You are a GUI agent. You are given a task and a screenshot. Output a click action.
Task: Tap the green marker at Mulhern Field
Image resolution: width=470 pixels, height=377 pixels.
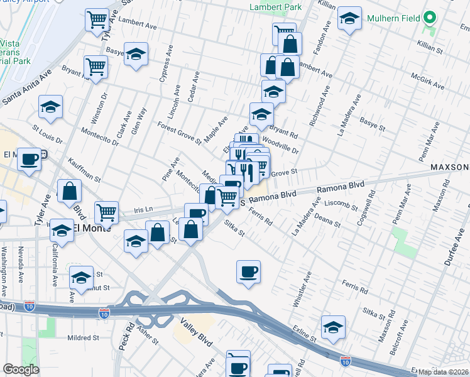tap(430, 18)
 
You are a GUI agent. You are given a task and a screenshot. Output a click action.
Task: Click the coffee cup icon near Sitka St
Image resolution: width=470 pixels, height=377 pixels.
tap(248, 271)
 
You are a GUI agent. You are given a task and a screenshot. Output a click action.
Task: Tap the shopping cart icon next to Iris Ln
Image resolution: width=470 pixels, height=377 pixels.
tap(107, 212)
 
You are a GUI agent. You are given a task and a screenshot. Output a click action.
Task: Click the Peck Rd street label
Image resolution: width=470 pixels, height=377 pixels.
tap(123, 337)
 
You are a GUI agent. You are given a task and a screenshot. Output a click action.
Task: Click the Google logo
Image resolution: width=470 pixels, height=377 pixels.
tap(21, 369)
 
